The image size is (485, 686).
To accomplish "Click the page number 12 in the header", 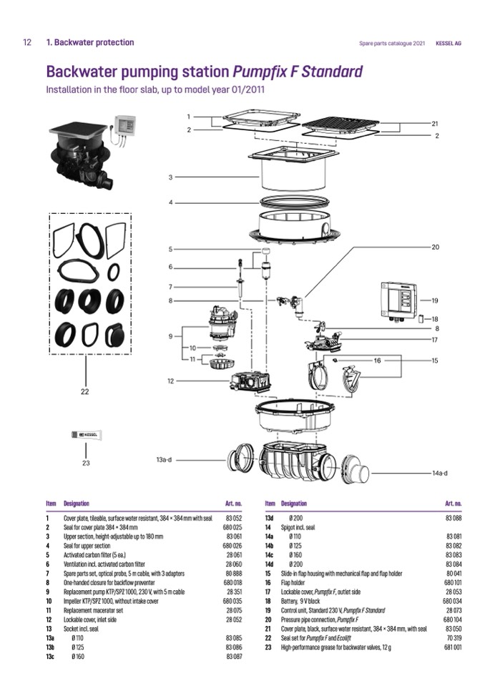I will click(26, 42).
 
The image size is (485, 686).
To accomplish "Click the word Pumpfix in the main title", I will click(259, 72).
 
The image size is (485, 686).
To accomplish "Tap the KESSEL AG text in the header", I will click(449, 43).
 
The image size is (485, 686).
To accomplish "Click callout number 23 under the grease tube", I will click(87, 462).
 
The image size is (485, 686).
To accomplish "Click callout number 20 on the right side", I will click(435, 247).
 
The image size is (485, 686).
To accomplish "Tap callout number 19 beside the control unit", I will click(434, 300).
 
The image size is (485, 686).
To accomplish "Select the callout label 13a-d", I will click(164, 459).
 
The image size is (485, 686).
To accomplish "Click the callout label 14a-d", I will click(440, 473).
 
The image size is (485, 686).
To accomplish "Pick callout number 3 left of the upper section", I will click(170, 177).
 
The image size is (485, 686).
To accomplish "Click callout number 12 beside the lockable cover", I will click(170, 381).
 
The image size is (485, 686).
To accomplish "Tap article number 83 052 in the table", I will click(235, 517).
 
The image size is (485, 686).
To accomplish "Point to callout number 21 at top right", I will click(435, 124).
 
